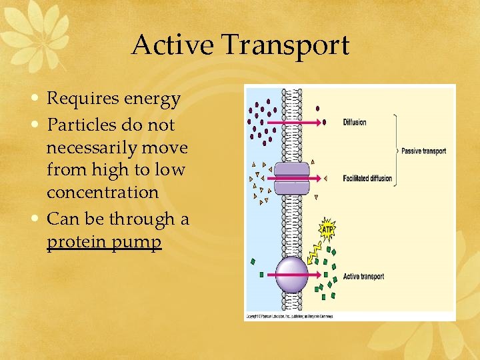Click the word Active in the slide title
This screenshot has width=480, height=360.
click(x=173, y=45)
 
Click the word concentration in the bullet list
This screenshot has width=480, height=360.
click(x=103, y=193)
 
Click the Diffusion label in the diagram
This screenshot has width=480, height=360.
click(x=355, y=122)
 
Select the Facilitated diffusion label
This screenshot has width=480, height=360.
click(x=367, y=179)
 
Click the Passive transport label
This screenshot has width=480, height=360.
click(x=424, y=151)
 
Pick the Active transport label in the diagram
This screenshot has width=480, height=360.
click(x=363, y=277)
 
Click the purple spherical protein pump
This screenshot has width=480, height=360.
click(x=291, y=274)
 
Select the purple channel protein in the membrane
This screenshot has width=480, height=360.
click(x=291, y=179)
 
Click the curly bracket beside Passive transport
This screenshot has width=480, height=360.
click(x=396, y=151)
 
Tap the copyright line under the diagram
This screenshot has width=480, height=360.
click(x=289, y=316)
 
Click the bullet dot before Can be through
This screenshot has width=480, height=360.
click(x=39, y=219)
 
